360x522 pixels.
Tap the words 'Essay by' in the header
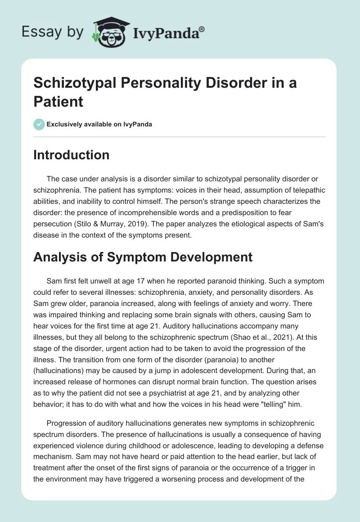pos(52,32)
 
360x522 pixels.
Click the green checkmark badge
pos(39,124)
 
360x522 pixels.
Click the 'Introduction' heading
pos(72,155)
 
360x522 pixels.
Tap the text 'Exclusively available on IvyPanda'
pos(99,125)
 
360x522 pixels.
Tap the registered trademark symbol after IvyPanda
pos(202,28)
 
